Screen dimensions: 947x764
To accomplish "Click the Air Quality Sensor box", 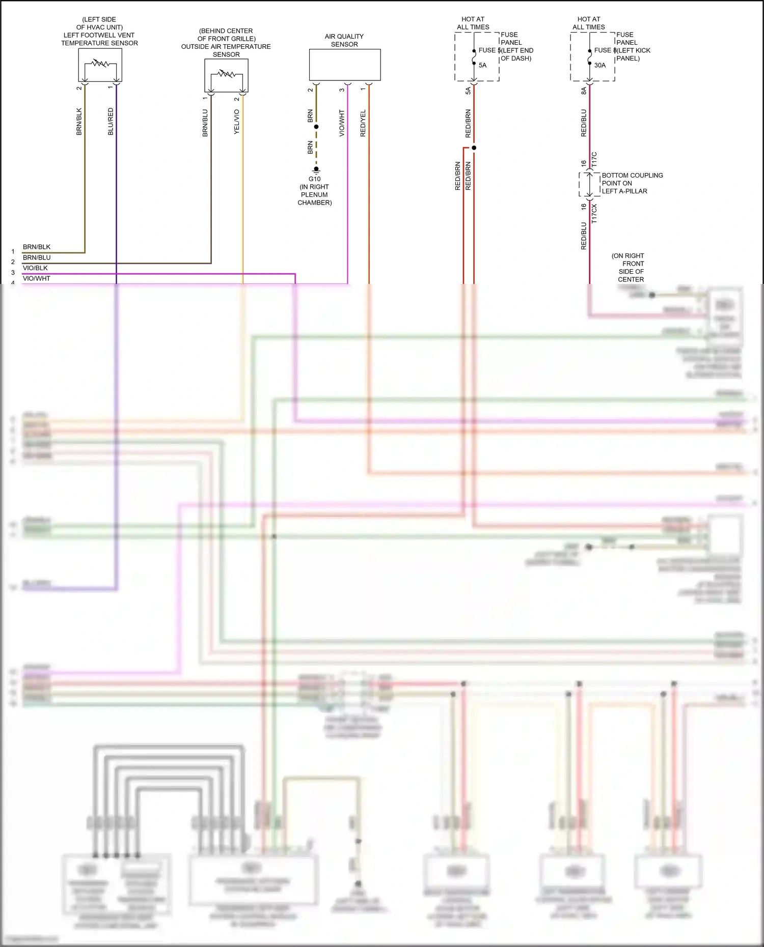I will (x=345, y=65).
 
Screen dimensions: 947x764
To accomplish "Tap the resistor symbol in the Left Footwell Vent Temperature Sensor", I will (x=100, y=64).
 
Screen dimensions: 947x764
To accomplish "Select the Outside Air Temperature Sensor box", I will (x=226, y=75).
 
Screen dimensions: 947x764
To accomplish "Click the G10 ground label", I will (x=314, y=179).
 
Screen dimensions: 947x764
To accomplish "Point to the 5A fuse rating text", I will (x=482, y=65).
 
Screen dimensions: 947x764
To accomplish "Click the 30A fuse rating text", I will (x=600, y=65).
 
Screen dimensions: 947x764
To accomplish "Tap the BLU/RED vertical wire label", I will (x=111, y=121).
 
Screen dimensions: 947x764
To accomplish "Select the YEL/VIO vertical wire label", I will (x=236, y=122).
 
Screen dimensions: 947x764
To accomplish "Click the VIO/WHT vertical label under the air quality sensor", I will (x=342, y=123).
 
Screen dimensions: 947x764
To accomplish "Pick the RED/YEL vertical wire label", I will (x=363, y=123).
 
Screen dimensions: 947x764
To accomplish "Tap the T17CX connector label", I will (x=594, y=214).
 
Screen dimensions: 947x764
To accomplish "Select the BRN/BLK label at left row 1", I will (x=37, y=247).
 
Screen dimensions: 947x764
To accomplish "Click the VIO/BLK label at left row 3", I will (x=35, y=268).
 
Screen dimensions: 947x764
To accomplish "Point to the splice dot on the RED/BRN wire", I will (x=474, y=148).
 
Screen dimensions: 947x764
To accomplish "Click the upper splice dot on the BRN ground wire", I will (x=316, y=127).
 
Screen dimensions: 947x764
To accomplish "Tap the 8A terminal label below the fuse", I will (x=584, y=91).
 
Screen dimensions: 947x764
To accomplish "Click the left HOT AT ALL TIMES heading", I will (x=473, y=23).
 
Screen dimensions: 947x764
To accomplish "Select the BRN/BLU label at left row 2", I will (x=37, y=257).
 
